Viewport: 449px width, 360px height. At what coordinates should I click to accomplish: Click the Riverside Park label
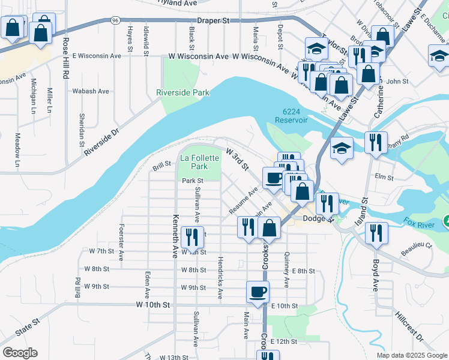point(183,93)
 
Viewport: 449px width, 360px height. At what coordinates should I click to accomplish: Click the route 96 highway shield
point(115,20)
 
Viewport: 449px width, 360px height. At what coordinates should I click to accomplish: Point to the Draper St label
point(214,20)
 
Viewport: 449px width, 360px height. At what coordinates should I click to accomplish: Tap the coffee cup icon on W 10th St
point(258,292)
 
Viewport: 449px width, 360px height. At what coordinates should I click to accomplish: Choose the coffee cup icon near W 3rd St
point(274,178)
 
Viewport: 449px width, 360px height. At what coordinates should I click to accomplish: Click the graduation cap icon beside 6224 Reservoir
point(342,148)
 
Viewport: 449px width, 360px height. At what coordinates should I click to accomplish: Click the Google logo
point(19,353)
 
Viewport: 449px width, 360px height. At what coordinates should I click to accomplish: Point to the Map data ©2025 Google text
point(411,355)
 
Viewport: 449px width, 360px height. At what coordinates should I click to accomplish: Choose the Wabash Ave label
point(91,91)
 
